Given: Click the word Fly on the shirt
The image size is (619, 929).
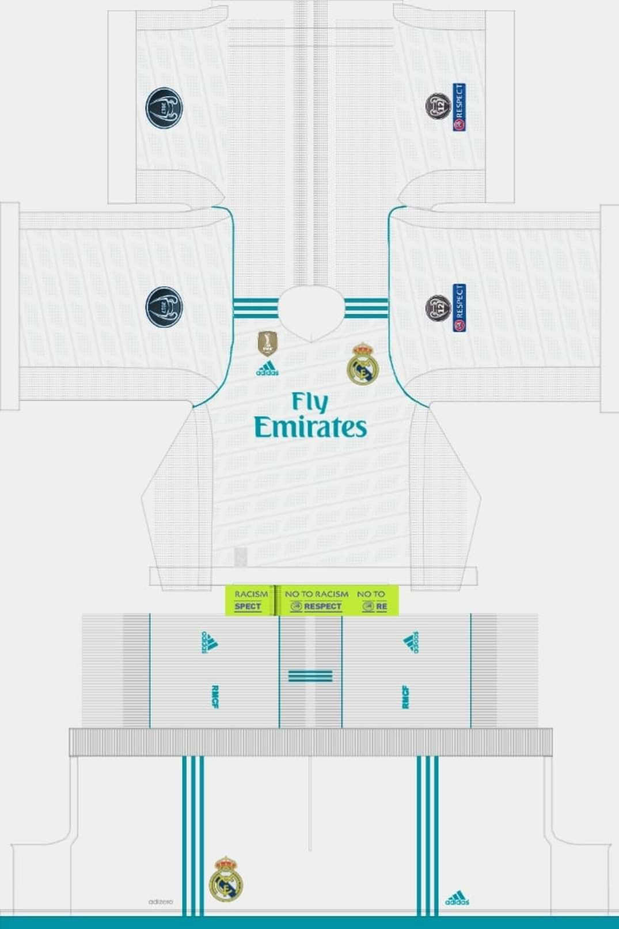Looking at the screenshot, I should [310, 401].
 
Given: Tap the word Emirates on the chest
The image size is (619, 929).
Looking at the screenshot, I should [310, 427].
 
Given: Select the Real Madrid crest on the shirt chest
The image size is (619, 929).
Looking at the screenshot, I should [361, 364].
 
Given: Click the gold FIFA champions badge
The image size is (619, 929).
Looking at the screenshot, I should [267, 343].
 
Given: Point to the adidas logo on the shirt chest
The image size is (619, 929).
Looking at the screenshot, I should [267, 369].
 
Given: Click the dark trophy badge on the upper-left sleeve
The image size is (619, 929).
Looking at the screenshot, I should [164, 108].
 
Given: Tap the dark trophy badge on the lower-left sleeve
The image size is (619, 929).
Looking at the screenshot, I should [164, 307].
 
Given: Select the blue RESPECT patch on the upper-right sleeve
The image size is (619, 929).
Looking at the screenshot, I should [459, 107].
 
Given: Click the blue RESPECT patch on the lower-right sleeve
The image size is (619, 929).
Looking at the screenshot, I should [459, 308].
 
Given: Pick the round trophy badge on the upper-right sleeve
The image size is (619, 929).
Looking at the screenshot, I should [438, 107].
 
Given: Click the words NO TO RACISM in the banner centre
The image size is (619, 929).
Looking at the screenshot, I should [316, 594].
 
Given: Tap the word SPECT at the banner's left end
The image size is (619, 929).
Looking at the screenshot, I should [248, 606].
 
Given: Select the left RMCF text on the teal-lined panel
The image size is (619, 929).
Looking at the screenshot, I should [215, 697].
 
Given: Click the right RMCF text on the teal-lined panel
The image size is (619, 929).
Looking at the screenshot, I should [405, 697].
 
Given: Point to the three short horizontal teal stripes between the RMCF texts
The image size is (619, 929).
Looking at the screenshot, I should [310, 676].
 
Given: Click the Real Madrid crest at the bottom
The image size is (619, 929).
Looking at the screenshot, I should [226, 879].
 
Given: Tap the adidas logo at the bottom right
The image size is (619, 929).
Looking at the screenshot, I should [457, 898].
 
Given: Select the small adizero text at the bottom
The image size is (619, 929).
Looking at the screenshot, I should [160, 901].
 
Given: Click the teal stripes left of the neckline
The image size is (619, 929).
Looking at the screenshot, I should [256, 308].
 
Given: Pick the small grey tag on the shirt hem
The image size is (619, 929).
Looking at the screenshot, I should [241, 556].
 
